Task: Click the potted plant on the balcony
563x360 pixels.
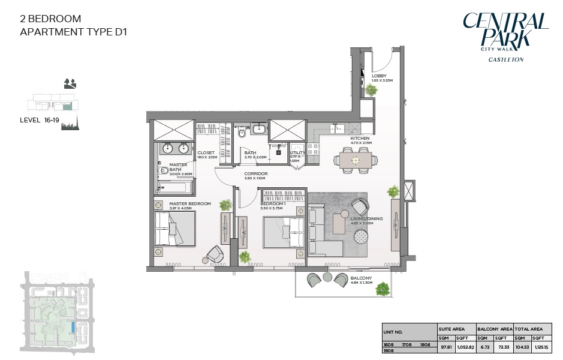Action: (x=383, y=289)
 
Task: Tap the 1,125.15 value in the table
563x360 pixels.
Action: (x=542, y=347)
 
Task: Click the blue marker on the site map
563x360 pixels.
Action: (x=73, y=327)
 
